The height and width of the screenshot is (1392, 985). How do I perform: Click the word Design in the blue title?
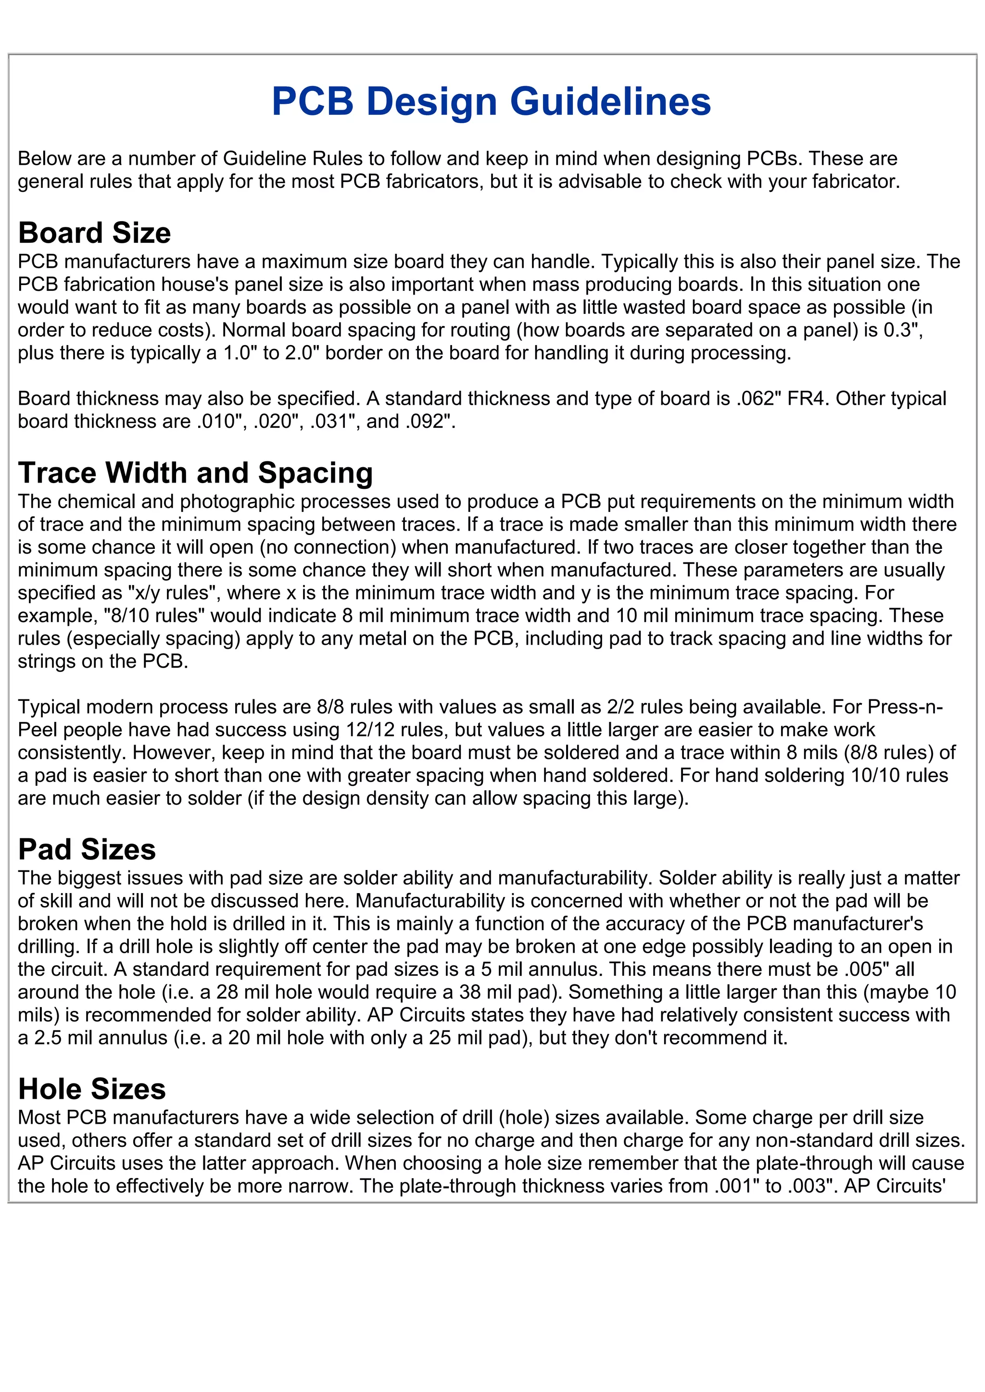pos(433,101)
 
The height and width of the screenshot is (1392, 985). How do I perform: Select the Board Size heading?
pos(95,233)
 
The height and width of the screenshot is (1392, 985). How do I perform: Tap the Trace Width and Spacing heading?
pos(195,473)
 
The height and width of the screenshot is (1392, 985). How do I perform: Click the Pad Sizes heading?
pos(87,849)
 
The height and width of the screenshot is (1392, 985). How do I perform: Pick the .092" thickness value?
pos(430,422)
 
